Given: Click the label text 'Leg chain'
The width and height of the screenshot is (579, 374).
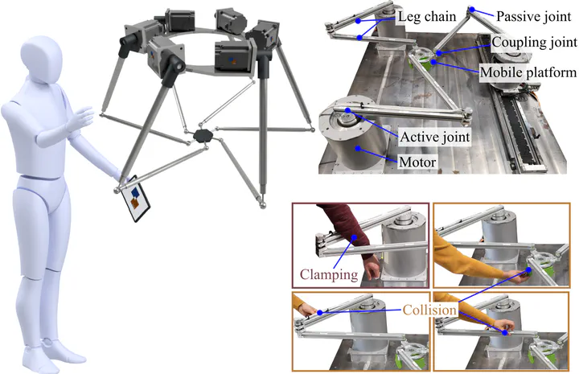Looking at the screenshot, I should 427,15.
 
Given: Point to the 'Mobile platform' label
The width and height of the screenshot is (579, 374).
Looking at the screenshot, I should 528,72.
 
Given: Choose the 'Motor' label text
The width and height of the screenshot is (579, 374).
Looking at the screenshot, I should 416,162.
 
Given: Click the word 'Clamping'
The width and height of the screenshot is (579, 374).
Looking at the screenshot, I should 328,274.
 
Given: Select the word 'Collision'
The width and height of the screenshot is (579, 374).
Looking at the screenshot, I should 430,308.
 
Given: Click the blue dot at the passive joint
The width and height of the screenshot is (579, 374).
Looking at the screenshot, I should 474,10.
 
